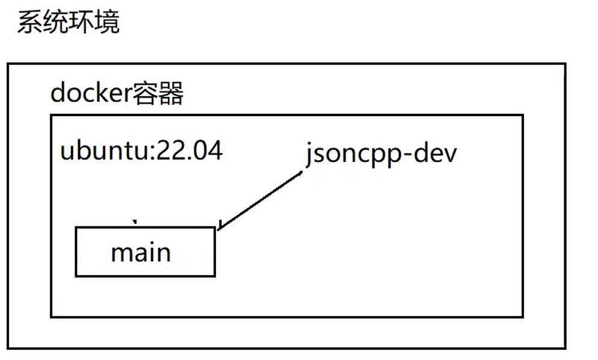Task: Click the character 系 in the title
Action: coord(29,22)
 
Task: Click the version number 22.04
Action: coord(189,150)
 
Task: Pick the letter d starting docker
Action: coord(58,93)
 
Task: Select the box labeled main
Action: coord(145,252)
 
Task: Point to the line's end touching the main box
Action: coord(218,228)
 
